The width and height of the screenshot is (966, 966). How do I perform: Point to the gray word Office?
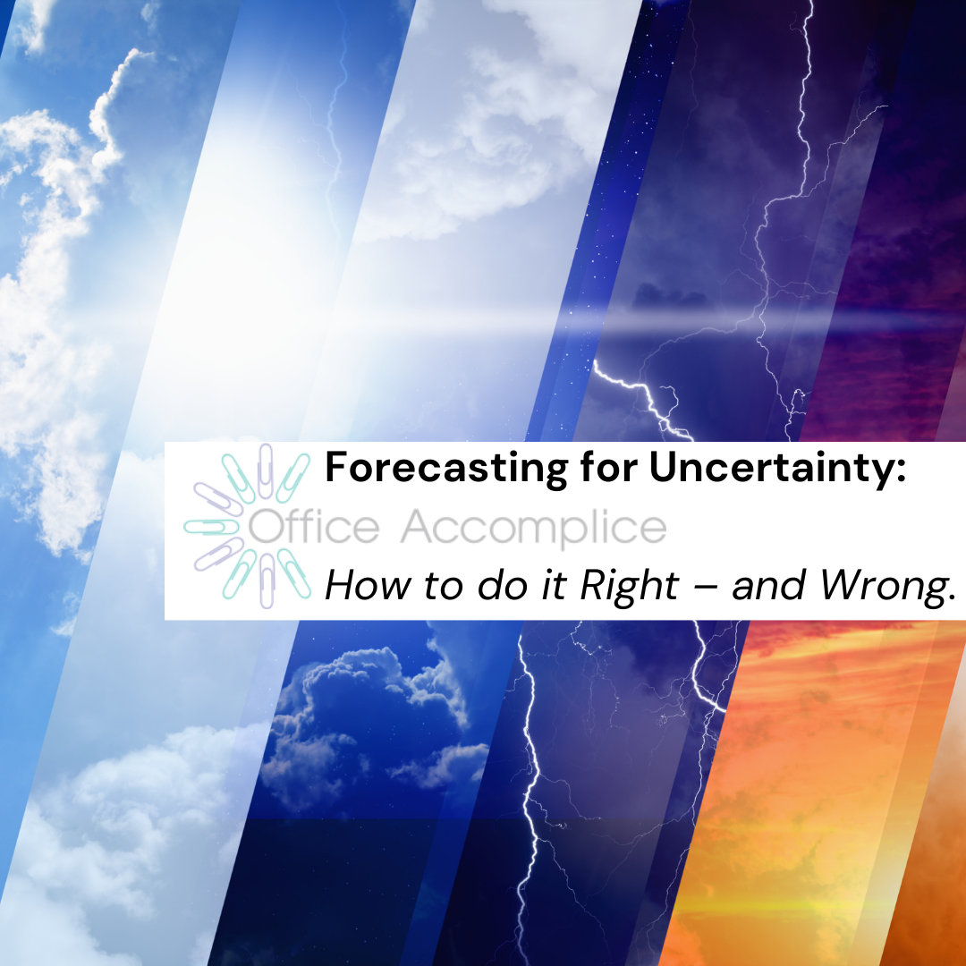(313, 528)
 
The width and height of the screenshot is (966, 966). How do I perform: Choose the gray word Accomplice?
(533, 528)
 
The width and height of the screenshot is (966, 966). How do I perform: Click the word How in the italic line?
(356, 586)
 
